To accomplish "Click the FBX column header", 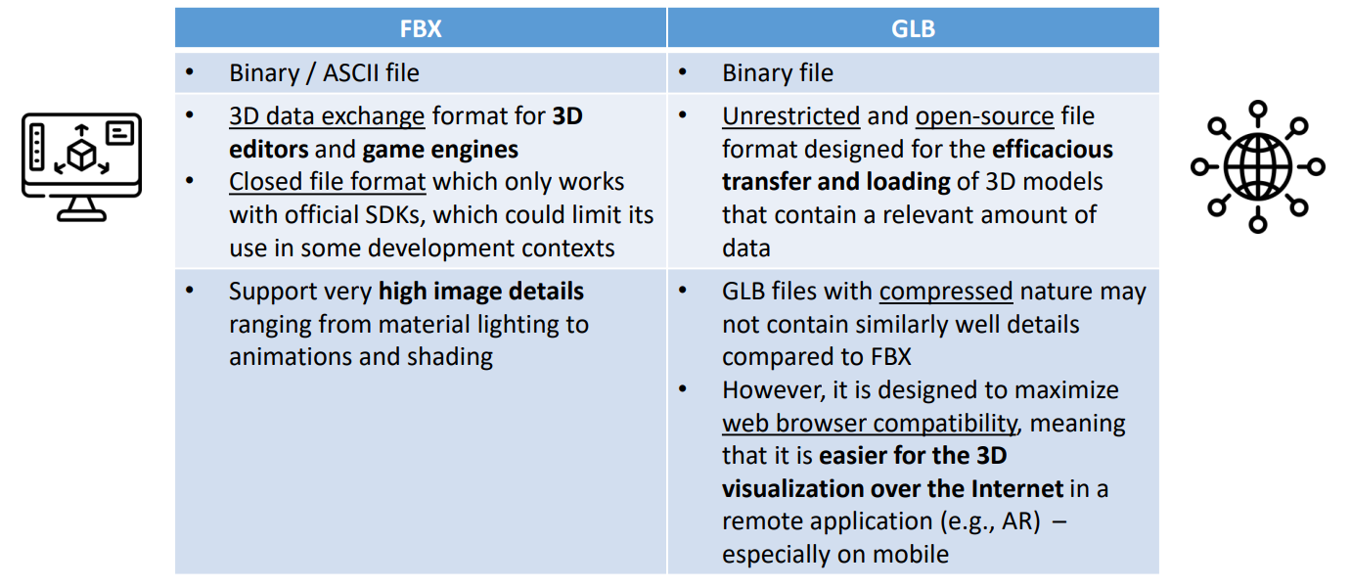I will [421, 28].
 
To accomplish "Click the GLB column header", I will [913, 28].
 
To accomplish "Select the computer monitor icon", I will [82, 166].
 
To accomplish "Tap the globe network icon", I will [1258, 166].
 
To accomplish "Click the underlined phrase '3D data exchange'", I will [327, 116].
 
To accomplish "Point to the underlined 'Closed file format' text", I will [328, 182].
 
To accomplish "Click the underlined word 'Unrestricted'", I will [790, 116].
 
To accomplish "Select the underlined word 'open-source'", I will [984, 116].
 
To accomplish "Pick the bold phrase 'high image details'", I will [481, 292].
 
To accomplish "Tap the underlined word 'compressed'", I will [946, 292].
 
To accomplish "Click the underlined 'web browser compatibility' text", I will [870, 424].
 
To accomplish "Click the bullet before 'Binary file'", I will [682, 72].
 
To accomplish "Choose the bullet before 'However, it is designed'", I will [682, 389].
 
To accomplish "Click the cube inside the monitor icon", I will [82, 154].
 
